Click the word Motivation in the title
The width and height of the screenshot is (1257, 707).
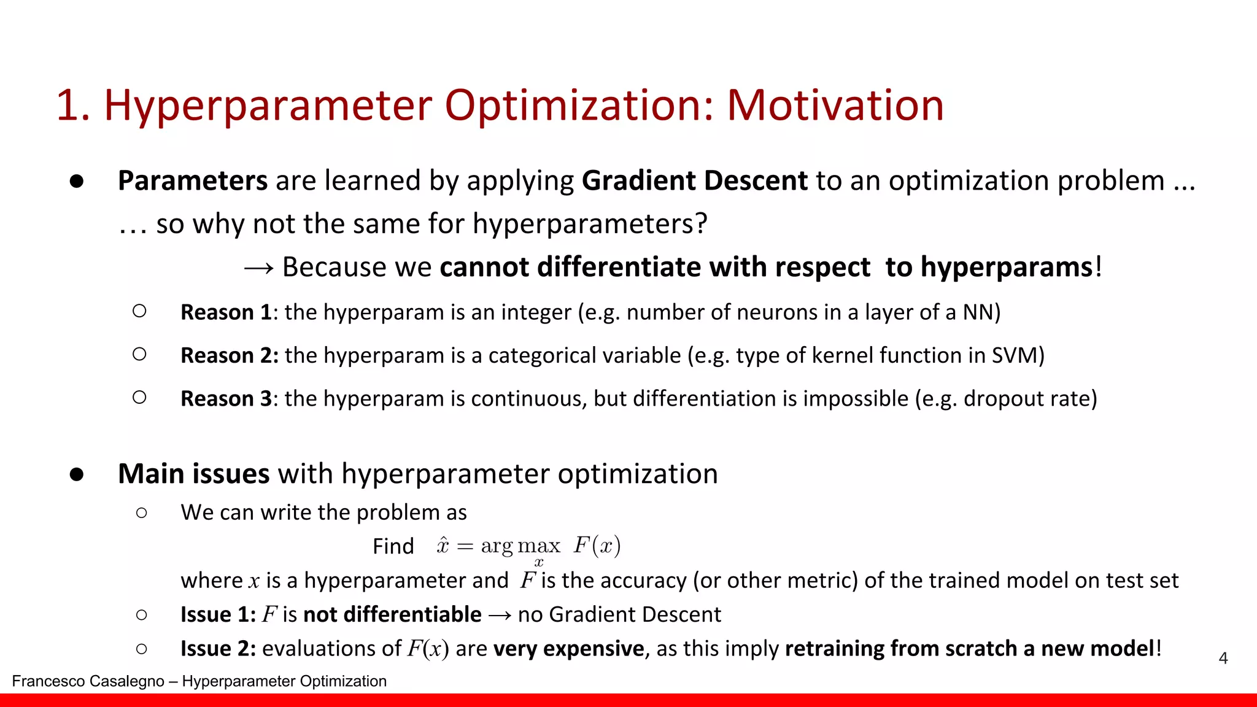pyautogui.click(x=835, y=106)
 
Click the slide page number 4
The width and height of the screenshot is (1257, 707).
pyautogui.click(x=1223, y=659)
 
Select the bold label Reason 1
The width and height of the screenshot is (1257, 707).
pyautogui.click(x=226, y=312)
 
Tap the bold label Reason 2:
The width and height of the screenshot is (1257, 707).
pyautogui.click(x=230, y=355)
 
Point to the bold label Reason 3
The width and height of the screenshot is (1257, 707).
pyautogui.click(x=226, y=399)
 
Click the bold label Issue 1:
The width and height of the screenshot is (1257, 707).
pyautogui.click(x=218, y=614)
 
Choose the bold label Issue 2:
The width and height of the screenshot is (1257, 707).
pyautogui.click(x=218, y=649)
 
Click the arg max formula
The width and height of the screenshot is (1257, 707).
pyautogui.click(x=528, y=547)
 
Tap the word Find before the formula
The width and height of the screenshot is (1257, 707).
pyautogui.click(x=393, y=546)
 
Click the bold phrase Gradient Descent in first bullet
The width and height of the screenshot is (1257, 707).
pyautogui.click(x=695, y=181)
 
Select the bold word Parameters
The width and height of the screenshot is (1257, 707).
pyautogui.click(x=193, y=181)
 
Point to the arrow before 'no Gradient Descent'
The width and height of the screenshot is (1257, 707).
pyautogui.click(x=500, y=615)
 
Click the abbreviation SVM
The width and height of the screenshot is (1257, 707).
pyautogui.click(x=1015, y=355)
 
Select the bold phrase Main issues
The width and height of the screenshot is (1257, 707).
pyautogui.click(x=193, y=474)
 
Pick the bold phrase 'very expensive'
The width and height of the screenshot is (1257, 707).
pyautogui.click(x=568, y=649)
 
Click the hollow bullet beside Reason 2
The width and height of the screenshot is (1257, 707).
pyautogui.click(x=139, y=354)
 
